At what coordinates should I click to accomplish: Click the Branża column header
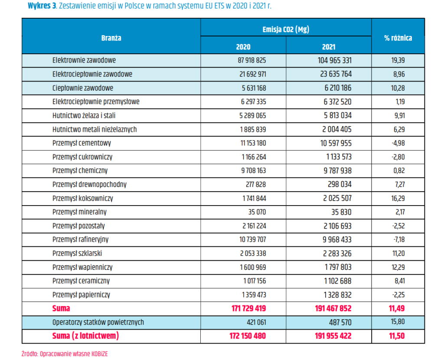click(x=111, y=38)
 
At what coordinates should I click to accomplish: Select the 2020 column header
click(x=243, y=47)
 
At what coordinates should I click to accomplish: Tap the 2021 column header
click(x=329, y=47)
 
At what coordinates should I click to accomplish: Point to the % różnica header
click(x=398, y=38)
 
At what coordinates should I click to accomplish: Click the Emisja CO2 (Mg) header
click(x=286, y=29)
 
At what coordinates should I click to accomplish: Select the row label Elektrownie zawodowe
click(x=84, y=60)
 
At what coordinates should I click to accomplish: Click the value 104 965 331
click(x=334, y=60)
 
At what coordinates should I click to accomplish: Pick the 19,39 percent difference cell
click(x=398, y=60)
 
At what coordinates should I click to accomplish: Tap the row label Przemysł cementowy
click(x=82, y=143)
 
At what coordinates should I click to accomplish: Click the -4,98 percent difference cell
click(x=398, y=143)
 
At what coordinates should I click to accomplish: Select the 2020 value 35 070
click(x=257, y=212)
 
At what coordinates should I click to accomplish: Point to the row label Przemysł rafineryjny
click(x=80, y=239)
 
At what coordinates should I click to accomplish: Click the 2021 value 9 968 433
click(x=337, y=239)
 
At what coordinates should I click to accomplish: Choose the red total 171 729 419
click(x=248, y=308)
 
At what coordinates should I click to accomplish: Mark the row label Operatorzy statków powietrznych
click(x=98, y=322)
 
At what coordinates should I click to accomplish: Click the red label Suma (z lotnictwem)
click(x=85, y=336)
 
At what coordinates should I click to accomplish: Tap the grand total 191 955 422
click(x=333, y=336)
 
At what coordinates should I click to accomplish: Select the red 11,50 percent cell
click(x=397, y=336)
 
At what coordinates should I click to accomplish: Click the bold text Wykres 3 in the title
click(x=42, y=6)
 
